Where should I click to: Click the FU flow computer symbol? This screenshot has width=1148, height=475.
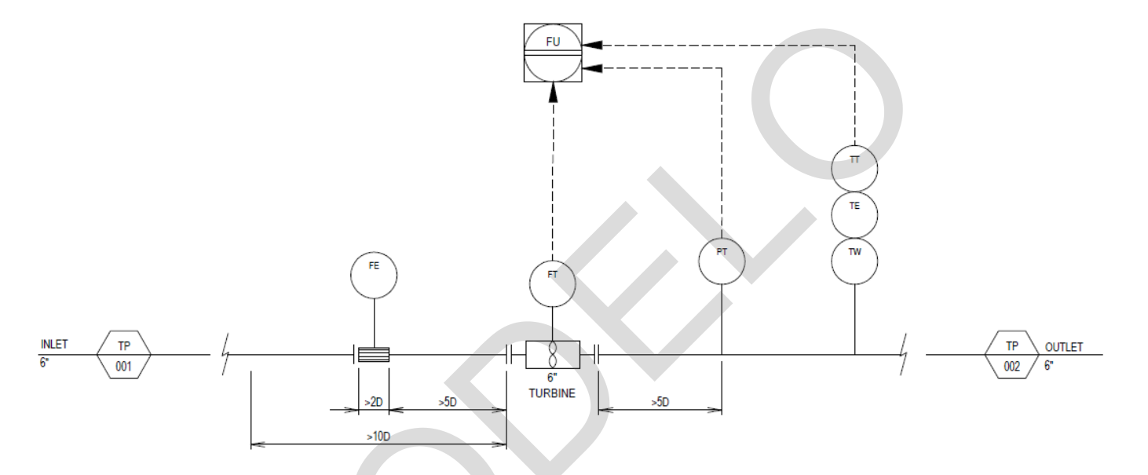(x=553, y=53)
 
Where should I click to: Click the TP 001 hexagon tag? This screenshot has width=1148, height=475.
(x=124, y=355)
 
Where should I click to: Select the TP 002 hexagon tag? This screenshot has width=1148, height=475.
(x=1011, y=355)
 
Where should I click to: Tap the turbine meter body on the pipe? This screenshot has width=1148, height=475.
(x=553, y=355)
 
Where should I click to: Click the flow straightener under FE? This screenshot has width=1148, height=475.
(x=374, y=355)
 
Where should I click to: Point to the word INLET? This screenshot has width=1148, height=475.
(x=54, y=345)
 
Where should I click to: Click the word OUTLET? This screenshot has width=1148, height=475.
(x=1064, y=347)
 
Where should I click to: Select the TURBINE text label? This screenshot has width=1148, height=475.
(x=552, y=393)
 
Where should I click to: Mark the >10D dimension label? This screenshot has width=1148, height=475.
(x=378, y=436)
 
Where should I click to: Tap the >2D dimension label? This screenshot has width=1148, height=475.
(x=374, y=402)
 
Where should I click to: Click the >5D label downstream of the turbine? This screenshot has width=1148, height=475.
(x=660, y=402)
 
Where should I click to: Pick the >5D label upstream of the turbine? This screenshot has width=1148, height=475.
(x=448, y=402)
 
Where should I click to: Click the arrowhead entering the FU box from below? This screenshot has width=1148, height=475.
(x=553, y=92)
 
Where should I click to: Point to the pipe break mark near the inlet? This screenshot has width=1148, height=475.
(x=225, y=354)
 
